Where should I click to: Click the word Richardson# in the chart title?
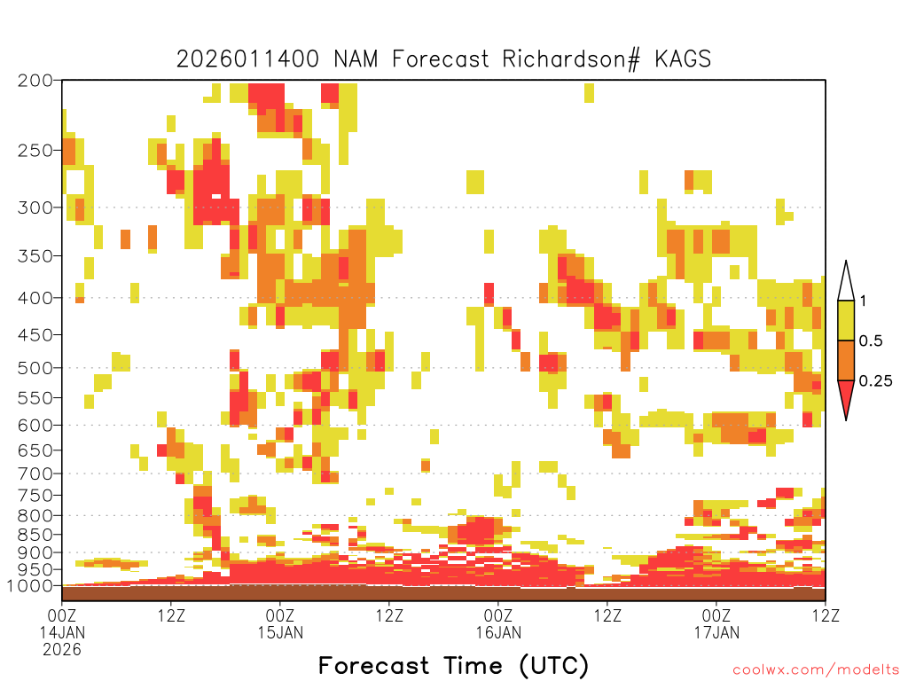coord(571,59)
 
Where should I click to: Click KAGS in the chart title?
coord(683,59)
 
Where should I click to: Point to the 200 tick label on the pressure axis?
coord(35,81)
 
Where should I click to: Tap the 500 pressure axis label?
coord(35,368)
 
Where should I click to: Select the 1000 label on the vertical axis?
coord(29,586)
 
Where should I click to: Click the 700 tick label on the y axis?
coord(35,474)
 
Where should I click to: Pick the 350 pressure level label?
coord(35,256)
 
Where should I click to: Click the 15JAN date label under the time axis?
coord(280,632)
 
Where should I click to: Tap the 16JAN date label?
coord(498,632)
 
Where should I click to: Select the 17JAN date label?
coord(716,632)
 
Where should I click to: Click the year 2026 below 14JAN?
coord(62,649)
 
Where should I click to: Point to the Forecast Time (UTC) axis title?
coord(453,665)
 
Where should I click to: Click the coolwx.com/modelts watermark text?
coord(816,670)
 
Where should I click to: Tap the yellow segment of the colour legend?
coord(846,321)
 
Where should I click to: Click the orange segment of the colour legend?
coord(846,361)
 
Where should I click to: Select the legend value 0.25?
coord(875,380)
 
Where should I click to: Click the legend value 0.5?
coord(871,340)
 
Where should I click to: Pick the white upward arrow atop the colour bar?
coord(846,282)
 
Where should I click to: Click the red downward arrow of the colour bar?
coord(846,399)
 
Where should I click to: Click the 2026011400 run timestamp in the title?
coord(247,59)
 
